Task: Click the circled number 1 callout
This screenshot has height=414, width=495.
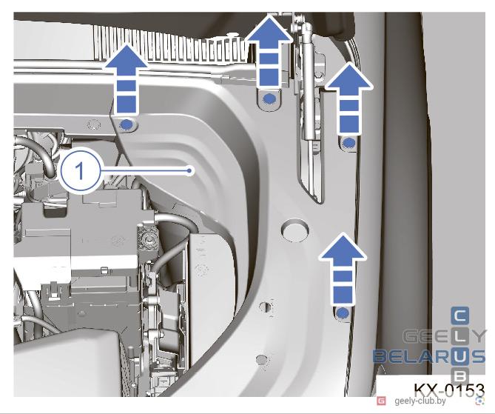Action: [80, 171]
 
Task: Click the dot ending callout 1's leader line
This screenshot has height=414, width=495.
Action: [189, 170]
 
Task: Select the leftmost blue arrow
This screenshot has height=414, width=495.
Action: [127, 79]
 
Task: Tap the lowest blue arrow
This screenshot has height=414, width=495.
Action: [343, 270]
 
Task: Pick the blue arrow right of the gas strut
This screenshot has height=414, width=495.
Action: [349, 99]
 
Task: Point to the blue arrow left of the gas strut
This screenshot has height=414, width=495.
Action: [269, 52]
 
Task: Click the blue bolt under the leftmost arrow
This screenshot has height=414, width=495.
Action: [127, 125]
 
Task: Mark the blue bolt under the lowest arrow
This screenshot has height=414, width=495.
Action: [343, 313]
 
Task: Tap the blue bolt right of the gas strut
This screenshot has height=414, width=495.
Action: [348, 144]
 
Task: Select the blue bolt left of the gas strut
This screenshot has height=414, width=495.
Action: [269, 99]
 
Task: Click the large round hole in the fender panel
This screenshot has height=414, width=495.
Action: [294, 231]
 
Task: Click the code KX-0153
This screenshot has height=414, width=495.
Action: [449, 390]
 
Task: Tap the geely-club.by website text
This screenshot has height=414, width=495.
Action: [420, 401]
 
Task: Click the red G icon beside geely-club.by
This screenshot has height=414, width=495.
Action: [381, 401]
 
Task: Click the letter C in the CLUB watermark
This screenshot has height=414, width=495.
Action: [460, 315]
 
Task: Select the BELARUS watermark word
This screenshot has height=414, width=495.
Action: [428, 356]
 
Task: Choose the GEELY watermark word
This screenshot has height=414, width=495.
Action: [445, 336]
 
